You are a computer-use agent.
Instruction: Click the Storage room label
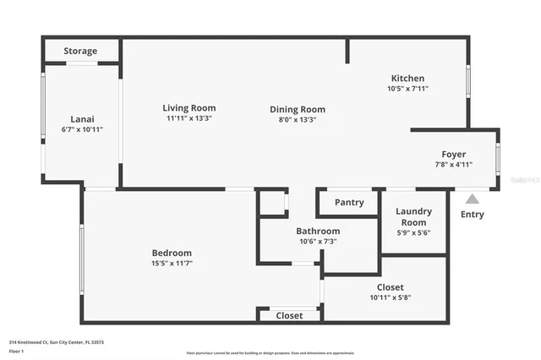pos(80,51)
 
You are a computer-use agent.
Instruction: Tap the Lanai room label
pos(82,119)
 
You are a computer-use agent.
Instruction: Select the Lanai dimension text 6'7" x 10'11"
pos(82,129)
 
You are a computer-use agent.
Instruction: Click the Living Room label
pos(189,107)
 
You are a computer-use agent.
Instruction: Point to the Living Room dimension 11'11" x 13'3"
pos(189,118)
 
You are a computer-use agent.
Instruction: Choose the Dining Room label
pos(298,109)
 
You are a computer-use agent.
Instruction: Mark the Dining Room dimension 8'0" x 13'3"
pos(298,119)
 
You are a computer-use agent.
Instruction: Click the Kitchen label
pos(407,79)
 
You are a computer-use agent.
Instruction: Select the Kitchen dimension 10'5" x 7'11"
pos(407,89)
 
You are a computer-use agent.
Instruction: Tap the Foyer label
pos(454,154)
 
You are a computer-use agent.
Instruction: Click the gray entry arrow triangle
pos(473,199)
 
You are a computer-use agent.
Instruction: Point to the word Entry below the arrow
pos(473,215)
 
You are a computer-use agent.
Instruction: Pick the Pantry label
pos(349,203)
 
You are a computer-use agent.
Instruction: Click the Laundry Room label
pos(414,216)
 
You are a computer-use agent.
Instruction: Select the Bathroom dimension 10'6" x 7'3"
pos(318,242)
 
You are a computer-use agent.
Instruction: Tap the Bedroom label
pos(172,253)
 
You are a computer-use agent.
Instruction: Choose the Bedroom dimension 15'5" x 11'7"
pos(172,263)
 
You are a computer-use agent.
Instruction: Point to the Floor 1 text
pos(16,350)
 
